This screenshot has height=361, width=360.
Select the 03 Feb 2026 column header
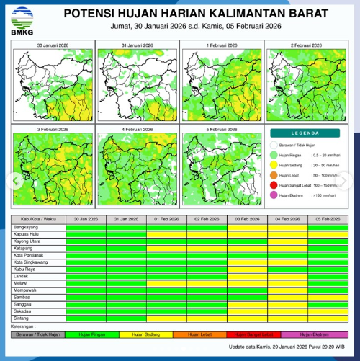(x=247, y=218)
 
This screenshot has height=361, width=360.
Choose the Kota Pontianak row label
(x=29, y=254)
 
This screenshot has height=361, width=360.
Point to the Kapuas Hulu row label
(x=26, y=233)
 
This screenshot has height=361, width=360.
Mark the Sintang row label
(x=22, y=317)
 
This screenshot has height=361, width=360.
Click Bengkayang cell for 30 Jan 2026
(x=86, y=226)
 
